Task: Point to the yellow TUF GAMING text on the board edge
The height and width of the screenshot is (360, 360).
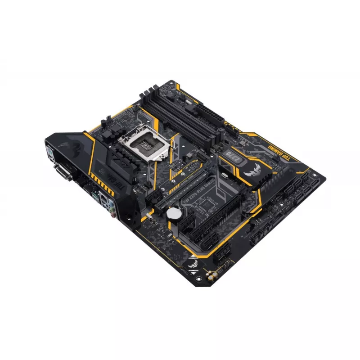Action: click(x=280, y=151)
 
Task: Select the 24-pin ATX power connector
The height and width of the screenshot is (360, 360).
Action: click(x=212, y=115)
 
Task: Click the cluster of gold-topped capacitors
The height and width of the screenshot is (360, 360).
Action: click(x=211, y=273)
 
